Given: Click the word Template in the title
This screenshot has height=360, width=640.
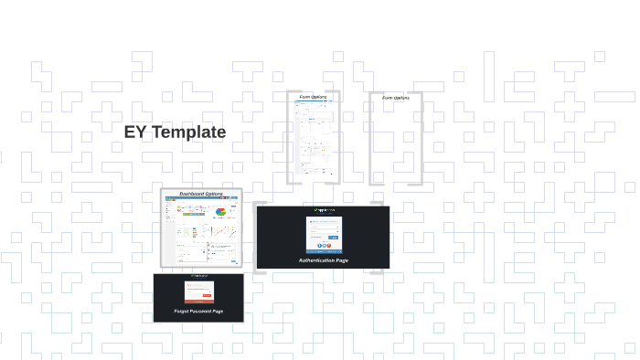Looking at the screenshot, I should pyautogui.click(x=188, y=132).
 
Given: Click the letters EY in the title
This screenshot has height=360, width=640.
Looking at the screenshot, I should pyautogui.click(x=135, y=132).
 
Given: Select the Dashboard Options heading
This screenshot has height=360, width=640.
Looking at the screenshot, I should pyautogui.click(x=201, y=194).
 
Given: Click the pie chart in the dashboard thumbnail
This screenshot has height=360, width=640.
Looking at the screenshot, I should pyautogui.click(x=220, y=213).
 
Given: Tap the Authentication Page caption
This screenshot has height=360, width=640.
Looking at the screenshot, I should pyautogui.click(x=323, y=260).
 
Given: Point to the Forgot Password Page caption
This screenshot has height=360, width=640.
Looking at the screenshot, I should pyautogui.click(x=198, y=312).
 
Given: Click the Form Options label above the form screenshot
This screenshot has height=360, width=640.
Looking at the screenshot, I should pyautogui.click(x=313, y=97).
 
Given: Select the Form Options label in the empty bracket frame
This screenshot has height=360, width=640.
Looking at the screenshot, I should pyautogui.click(x=395, y=97).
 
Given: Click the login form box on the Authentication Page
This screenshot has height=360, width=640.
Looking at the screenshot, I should pyautogui.click(x=323, y=234).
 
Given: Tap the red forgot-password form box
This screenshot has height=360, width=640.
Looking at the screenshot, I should pyautogui.click(x=198, y=291).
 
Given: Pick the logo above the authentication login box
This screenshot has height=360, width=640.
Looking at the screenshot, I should pyautogui.click(x=323, y=211).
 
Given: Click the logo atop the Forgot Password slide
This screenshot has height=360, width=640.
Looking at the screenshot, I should pyautogui.click(x=198, y=276).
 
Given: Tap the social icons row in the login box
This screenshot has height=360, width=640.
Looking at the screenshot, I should pyautogui.click(x=323, y=245).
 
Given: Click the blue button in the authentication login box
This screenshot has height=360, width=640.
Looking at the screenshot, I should pyautogui.click(x=334, y=238).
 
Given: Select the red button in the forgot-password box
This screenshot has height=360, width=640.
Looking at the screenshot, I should pyautogui.click(x=207, y=295).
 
